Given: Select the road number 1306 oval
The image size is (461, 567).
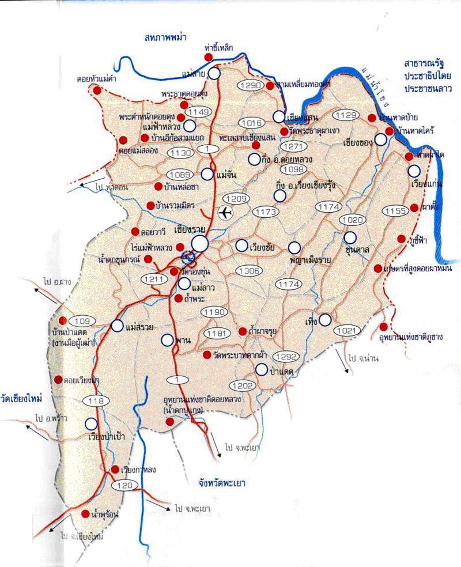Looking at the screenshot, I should point(250,271).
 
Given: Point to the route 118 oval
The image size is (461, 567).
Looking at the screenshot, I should point(95,401).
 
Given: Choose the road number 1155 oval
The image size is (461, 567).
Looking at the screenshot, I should point(396,211).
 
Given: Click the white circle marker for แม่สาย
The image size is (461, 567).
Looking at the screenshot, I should point(214,73).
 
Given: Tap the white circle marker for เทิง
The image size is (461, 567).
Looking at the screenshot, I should point(326,319).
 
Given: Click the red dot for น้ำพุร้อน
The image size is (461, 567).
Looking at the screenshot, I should point(85,513).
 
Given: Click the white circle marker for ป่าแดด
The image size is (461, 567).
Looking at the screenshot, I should point(262,369).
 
